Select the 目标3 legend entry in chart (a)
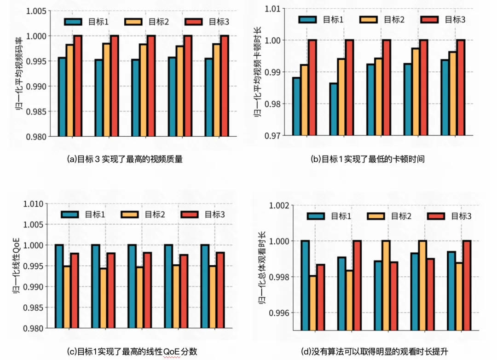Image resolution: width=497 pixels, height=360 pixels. point(205,22)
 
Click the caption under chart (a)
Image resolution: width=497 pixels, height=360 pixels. point(125,159)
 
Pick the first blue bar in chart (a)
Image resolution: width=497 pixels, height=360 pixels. point(62,97)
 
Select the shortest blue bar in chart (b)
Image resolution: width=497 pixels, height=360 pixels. point(333,109)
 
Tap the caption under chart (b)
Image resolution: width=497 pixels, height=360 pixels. point(367,159)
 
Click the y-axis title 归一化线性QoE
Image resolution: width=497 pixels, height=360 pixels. point(17,266)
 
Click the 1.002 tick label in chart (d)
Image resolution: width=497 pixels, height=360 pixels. point(280,206)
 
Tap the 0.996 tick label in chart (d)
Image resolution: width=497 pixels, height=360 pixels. point(280,313)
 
